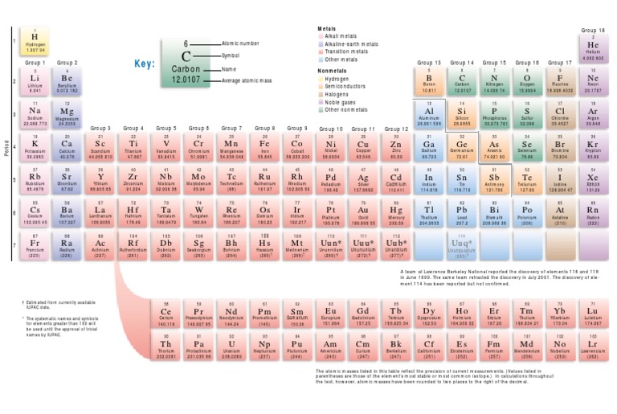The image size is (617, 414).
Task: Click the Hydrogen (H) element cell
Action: pyautogui.click(x=35, y=42)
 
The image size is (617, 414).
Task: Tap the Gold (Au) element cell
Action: pyautogui.click(x=362, y=211)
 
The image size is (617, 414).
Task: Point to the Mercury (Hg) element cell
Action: pyautogui.click(x=395, y=211)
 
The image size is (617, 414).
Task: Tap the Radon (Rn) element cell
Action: pyautogui.click(x=593, y=211)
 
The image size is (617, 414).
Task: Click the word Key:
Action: pyautogui.click(x=143, y=63)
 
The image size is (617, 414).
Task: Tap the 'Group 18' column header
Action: pyautogui.click(x=593, y=31)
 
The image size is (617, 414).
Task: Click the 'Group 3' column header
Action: pyautogui.click(x=100, y=128)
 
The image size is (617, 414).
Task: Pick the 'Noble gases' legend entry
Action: pyautogui.click(x=341, y=101)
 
